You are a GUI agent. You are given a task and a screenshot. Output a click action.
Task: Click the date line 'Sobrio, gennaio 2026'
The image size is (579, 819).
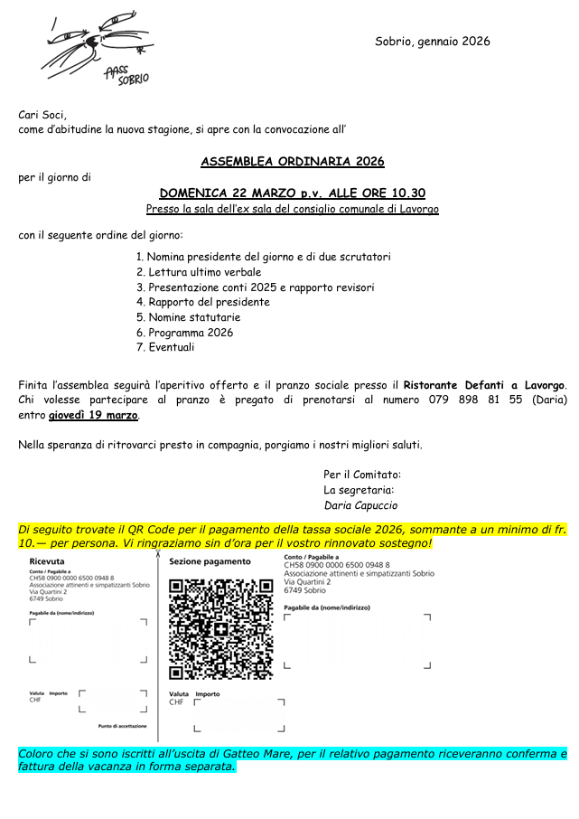[433, 42]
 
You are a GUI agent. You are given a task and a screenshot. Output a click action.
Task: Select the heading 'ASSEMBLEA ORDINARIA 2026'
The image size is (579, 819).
[292, 162]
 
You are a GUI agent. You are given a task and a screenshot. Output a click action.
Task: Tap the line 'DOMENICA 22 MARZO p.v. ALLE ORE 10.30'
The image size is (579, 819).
[292, 193]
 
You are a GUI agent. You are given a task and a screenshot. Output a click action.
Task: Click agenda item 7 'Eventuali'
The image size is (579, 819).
[172, 347]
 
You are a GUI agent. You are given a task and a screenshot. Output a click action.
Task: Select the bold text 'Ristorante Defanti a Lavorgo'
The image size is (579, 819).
[482, 385]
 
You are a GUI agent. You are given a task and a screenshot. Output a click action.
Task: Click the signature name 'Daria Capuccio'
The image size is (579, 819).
[360, 505]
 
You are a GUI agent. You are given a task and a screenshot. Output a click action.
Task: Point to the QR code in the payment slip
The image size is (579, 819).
[220, 629]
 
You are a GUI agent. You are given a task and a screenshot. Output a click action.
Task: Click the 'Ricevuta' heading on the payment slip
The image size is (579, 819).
[46, 561]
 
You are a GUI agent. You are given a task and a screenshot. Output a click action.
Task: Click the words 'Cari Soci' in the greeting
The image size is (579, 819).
[42, 115]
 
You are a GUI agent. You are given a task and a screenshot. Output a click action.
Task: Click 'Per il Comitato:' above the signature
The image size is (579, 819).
[362, 475]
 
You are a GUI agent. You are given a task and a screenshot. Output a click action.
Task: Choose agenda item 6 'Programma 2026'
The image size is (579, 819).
[191, 332]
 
